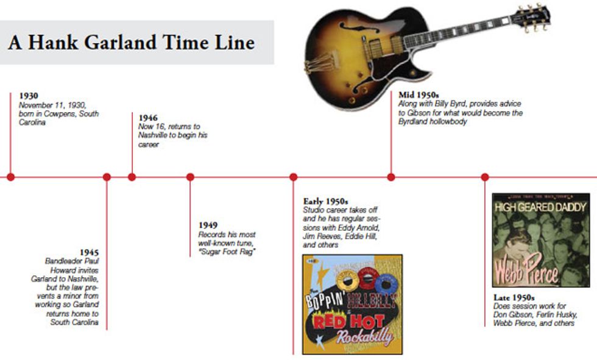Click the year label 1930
click(29, 96)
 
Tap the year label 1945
click(89, 252)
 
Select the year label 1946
click(148, 118)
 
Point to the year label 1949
click(208, 225)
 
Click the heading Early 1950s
click(325, 201)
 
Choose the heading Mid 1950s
click(419, 95)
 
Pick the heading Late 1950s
click(514, 297)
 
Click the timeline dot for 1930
click(11, 177)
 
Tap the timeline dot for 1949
click(190, 177)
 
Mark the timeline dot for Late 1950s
click(485, 177)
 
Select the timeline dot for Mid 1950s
click(391, 177)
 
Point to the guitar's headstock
click(531, 18)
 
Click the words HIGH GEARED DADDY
click(540, 207)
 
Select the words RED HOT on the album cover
click(348, 322)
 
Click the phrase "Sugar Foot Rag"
click(227, 252)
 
